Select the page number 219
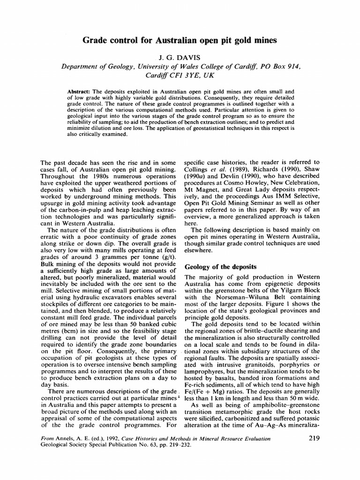(x=315, y=439)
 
